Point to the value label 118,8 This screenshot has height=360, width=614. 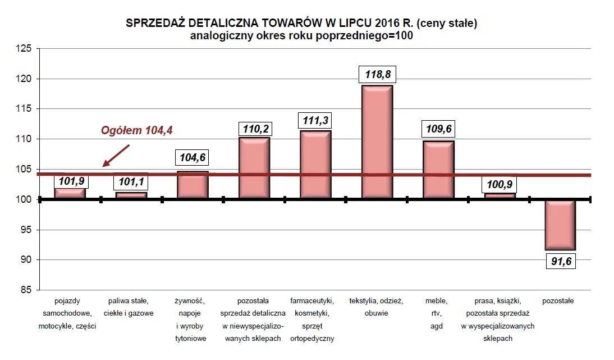pos(377,75)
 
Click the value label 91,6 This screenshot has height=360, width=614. pos(561,261)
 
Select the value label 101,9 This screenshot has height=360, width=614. pos(70,181)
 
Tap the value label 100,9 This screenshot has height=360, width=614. pos(500,184)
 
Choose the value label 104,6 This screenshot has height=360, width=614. pos(193,158)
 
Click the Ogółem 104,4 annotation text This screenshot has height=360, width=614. pos(137,130)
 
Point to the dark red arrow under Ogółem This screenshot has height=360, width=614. pos(116,156)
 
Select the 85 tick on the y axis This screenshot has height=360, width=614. pos(26,290)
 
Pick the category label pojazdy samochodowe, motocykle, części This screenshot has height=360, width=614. pos(67,313)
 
